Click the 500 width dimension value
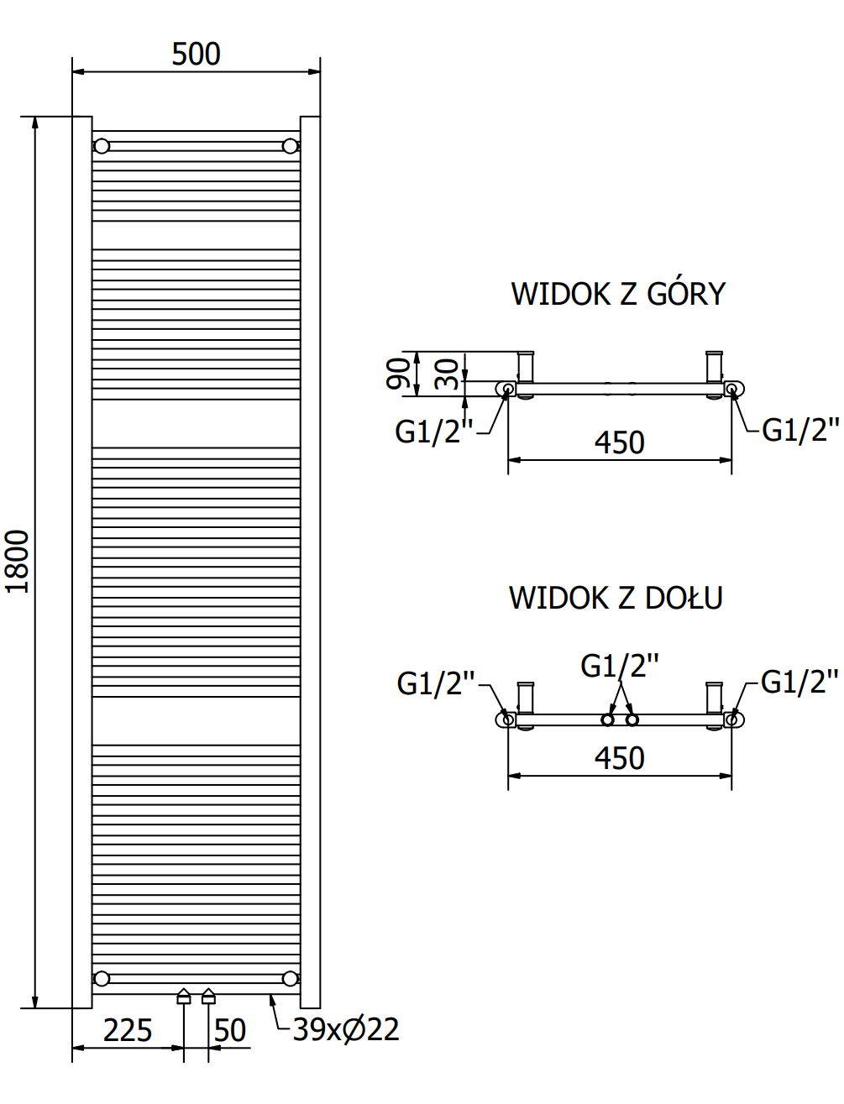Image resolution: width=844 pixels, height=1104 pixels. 196,54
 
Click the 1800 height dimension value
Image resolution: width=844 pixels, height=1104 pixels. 17,562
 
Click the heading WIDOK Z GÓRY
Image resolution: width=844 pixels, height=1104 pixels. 618,294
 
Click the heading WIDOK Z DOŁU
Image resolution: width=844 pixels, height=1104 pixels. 616,598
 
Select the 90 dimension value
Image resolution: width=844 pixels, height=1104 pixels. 397,374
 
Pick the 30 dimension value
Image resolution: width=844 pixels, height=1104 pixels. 446,374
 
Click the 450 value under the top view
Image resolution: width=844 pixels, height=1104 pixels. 619,442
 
